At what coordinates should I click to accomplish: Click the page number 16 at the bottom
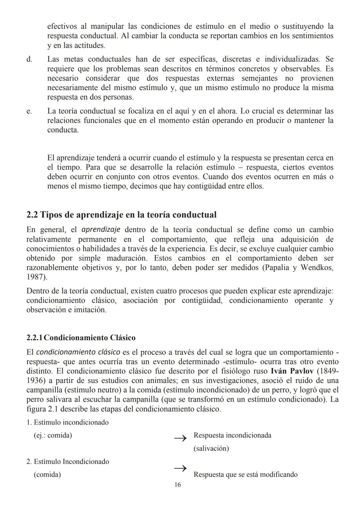coord(177,485)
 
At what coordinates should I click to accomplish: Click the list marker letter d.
coord(29,59)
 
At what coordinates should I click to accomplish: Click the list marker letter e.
coord(29,111)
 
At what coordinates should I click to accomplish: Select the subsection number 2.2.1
coord(34,338)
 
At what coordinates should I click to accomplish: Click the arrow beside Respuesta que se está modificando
coord(180,468)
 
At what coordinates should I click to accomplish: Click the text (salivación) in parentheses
coord(211,448)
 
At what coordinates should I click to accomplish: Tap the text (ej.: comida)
coord(53,435)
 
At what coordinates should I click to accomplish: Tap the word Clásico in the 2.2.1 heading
coord(123,338)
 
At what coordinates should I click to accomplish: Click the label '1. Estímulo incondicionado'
coord(67,422)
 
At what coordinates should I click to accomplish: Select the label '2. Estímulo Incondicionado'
coord(68,462)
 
